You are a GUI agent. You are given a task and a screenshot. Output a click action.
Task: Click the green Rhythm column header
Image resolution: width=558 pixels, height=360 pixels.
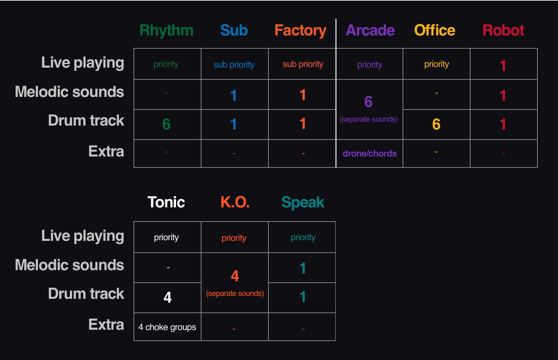pos(166,31)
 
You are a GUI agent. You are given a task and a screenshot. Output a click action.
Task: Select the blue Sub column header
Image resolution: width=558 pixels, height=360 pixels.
pos(234,31)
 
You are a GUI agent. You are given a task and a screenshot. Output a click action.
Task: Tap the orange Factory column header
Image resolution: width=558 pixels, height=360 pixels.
pos(300,31)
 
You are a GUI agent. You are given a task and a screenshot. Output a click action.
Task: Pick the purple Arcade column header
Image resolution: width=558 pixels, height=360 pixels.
pos(370,31)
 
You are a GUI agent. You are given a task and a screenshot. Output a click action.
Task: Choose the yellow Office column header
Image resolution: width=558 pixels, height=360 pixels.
pos(434,31)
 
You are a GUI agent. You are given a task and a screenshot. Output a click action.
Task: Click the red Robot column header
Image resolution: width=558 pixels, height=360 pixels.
pos(503,31)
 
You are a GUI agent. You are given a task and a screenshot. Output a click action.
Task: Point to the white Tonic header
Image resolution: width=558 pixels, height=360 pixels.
pos(166,202)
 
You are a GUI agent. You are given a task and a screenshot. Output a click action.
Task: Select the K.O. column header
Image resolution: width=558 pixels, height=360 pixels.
pos(235,202)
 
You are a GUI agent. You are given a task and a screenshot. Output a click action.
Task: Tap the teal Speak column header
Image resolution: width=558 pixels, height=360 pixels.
pos(303,202)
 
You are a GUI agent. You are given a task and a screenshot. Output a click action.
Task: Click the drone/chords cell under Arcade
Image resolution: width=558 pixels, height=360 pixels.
pos(369,154)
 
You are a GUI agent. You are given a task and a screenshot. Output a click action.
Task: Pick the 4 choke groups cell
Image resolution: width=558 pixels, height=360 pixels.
pos(167,327)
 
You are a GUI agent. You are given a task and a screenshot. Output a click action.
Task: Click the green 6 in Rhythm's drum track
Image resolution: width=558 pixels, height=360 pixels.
pos(166,124)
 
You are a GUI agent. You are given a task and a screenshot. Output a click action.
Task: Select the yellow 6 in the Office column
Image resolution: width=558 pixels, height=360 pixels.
pos(436,124)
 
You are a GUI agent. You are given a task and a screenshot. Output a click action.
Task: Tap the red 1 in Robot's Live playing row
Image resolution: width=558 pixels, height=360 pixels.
pos(503,65)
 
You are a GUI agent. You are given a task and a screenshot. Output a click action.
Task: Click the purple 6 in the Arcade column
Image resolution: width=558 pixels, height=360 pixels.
pos(368,102)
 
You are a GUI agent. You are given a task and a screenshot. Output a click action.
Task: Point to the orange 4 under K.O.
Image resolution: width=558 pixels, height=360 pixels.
pos(235,276)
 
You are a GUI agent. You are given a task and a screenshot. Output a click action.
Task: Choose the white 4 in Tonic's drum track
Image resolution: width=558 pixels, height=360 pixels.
pos(168,297)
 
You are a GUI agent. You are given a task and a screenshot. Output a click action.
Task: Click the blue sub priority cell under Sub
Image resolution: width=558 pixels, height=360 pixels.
pos(234,65)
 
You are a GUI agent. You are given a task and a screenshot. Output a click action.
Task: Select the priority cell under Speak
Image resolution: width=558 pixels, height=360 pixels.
pos(303,237)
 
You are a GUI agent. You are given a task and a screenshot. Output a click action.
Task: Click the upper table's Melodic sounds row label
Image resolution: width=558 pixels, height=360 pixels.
pos(70,92)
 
